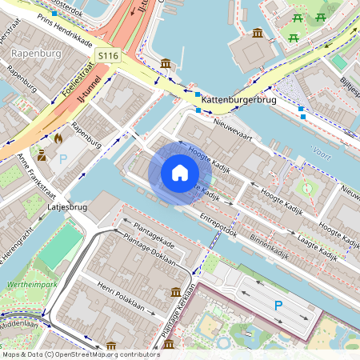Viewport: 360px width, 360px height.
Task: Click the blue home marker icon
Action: click(180, 174)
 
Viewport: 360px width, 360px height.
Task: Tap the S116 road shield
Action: click(108, 55)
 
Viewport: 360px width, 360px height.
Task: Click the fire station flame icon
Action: click(58, 138)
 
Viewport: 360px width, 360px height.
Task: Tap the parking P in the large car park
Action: click(278, 305)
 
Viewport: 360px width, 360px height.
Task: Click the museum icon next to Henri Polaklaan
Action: click(176, 293)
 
